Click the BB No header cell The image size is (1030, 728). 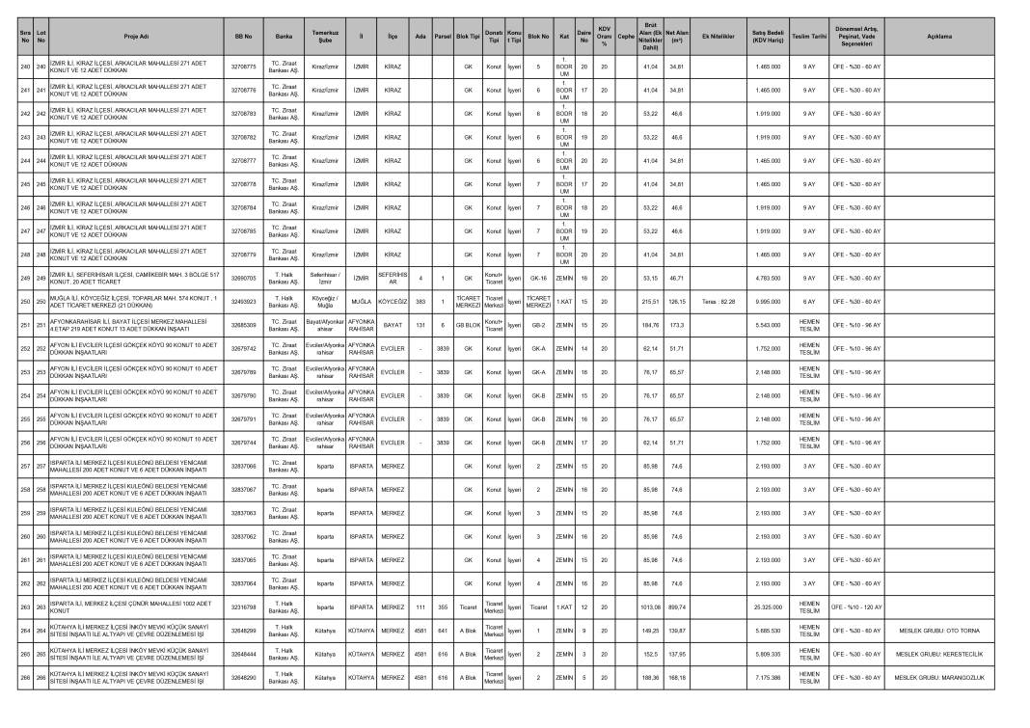(x=243, y=36)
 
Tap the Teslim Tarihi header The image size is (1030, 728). (x=808, y=36)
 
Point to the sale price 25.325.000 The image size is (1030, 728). (x=767, y=607)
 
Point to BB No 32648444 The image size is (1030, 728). (x=243, y=654)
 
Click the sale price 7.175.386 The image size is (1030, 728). (x=767, y=677)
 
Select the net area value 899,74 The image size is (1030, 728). (x=676, y=607)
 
